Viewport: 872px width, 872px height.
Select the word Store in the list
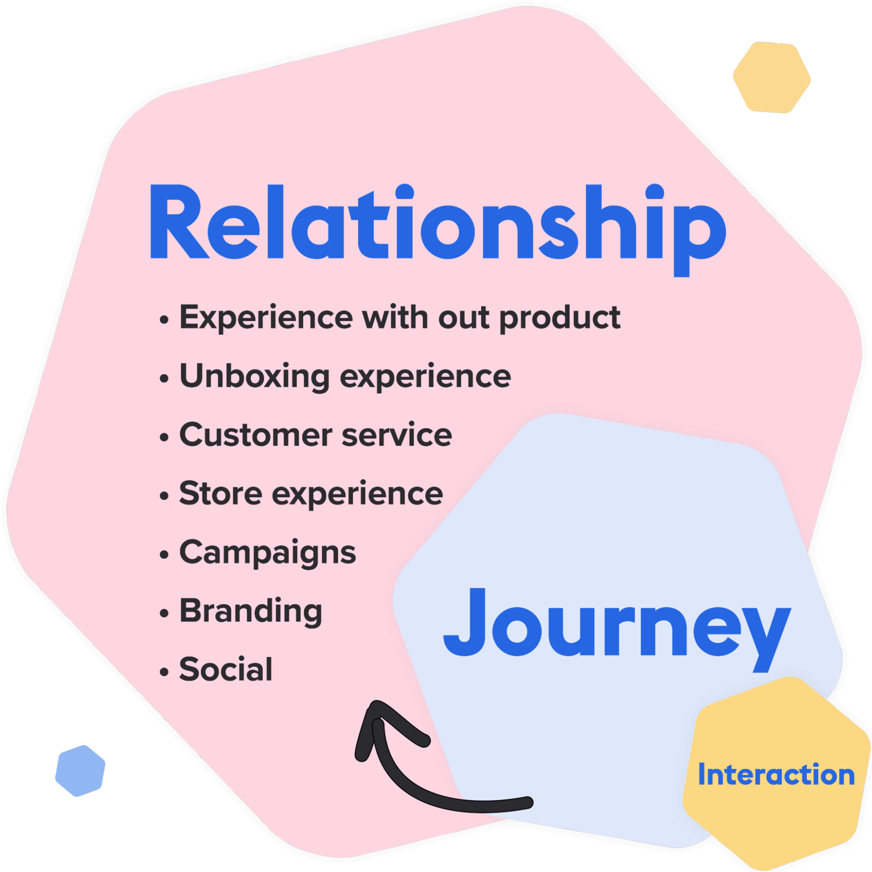coord(220,493)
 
